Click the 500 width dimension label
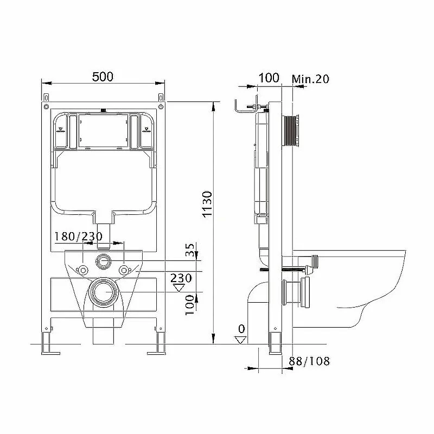click(103, 76)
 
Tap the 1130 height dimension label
click(207, 204)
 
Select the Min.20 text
click(310, 79)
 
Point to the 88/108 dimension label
click(309, 361)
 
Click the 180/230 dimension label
click(78, 237)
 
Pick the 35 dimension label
click(190, 250)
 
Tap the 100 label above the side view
click(269, 78)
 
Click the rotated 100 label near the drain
click(190, 305)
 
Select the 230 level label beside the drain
click(181, 278)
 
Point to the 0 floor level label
click(241, 329)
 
